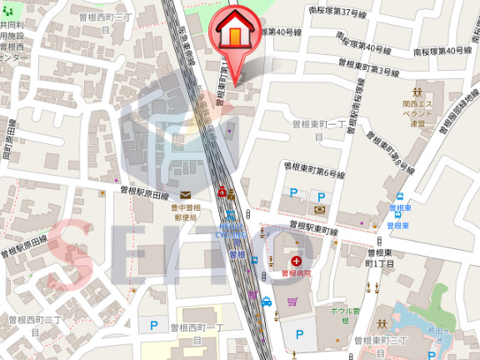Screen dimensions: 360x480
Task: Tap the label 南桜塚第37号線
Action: pyautogui.click(x=337, y=13)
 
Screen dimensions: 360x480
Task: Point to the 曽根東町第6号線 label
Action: pyautogui.click(x=312, y=171)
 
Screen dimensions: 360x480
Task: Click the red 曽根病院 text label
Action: pyautogui.click(x=295, y=273)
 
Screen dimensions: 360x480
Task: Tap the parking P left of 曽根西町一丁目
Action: pyautogui.click(x=153, y=326)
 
